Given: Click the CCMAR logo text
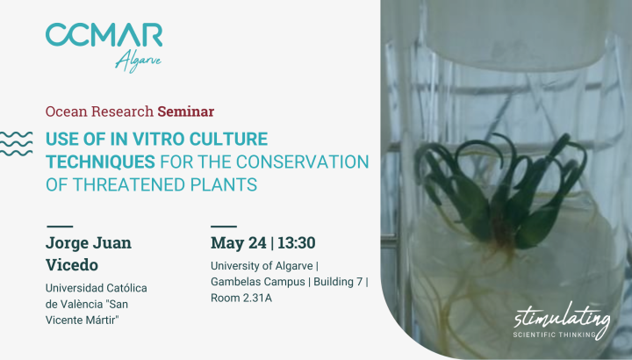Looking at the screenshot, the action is pyautogui.click(x=104, y=34).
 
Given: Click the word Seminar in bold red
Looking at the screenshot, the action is pyautogui.click(x=186, y=112).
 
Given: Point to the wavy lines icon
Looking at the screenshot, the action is pyautogui.click(x=16, y=143).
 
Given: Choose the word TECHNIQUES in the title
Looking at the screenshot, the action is pyautogui.click(x=100, y=162).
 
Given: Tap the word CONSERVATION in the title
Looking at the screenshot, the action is pyautogui.click(x=303, y=162).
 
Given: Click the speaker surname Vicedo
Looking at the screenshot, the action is pyautogui.click(x=72, y=265).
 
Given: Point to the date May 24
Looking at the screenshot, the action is pyautogui.click(x=239, y=242).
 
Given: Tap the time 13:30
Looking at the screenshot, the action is pyautogui.click(x=297, y=242).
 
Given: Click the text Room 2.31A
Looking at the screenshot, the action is pyautogui.click(x=241, y=298).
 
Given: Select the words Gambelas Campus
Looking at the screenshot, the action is pyautogui.click(x=258, y=282).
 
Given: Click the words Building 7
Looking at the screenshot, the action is pyautogui.click(x=338, y=281).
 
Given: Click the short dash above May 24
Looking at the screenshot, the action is pyautogui.click(x=224, y=227).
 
